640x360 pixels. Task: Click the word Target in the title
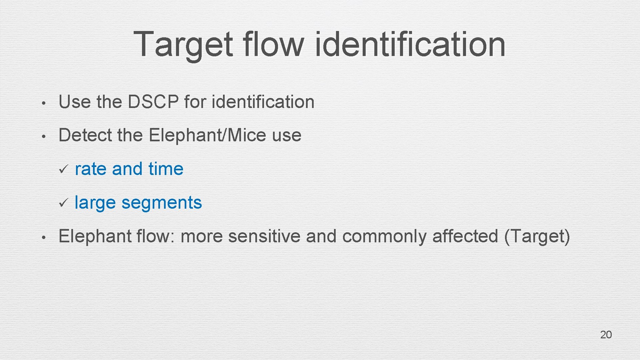click(x=183, y=44)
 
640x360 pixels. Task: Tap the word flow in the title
click(x=273, y=44)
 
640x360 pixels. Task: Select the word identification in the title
click(x=410, y=44)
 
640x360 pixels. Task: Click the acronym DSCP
click(x=153, y=102)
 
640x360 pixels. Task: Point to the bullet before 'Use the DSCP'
click(x=43, y=103)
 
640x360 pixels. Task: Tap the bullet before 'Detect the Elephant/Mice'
click(x=43, y=136)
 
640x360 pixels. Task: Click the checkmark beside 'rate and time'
click(x=63, y=169)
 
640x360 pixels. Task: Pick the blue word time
click(x=166, y=169)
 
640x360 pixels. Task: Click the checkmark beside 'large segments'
click(x=63, y=202)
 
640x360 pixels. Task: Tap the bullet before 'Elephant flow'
click(x=43, y=237)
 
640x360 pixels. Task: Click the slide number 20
click(x=606, y=335)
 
